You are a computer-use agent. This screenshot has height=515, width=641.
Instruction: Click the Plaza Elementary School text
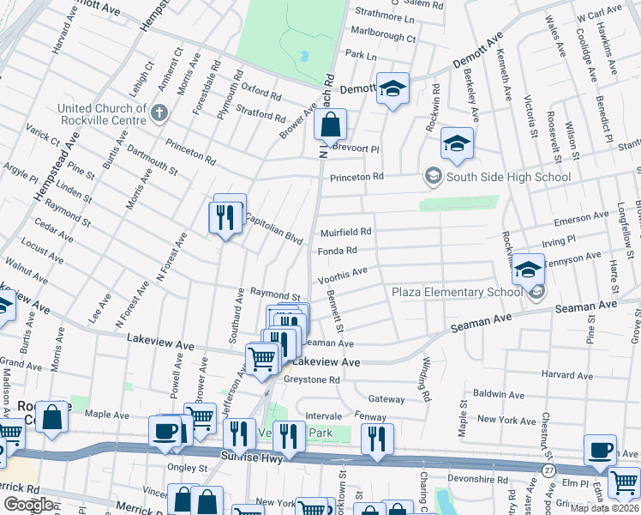click(456, 293)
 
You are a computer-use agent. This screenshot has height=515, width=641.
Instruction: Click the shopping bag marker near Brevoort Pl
click(330, 127)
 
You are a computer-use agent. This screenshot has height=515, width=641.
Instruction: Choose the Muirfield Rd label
click(346, 232)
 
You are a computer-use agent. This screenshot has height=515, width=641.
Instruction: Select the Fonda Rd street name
click(338, 251)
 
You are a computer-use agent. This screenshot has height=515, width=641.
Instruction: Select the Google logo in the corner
click(28, 505)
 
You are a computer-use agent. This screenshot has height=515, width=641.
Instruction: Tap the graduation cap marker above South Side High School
click(457, 144)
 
